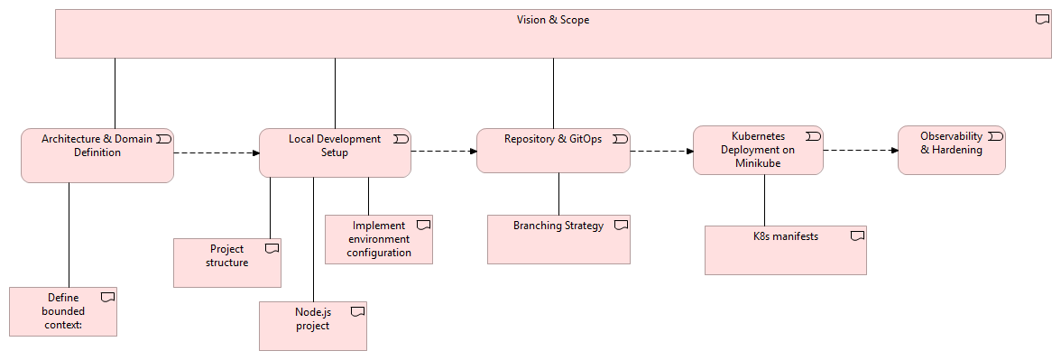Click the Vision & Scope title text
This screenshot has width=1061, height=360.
pyautogui.click(x=552, y=20)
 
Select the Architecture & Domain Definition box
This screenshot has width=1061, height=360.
pyautogui.click(x=97, y=155)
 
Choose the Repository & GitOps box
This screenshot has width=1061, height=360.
pyautogui.click(x=552, y=150)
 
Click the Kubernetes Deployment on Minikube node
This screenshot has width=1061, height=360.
pyautogui.click(x=757, y=150)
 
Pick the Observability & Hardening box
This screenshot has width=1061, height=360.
pyautogui.click(x=951, y=150)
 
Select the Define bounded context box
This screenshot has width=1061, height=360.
pyautogui.click(x=63, y=311)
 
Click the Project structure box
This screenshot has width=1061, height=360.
pyautogui.click(x=226, y=263)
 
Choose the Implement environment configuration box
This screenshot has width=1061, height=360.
pyautogui.click(x=378, y=239)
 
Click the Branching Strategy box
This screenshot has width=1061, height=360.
pyautogui.click(x=558, y=239)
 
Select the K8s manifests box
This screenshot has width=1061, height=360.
pyautogui.click(x=785, y=250)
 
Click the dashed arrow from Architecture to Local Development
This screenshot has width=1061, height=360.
pyautogui.click(x=216, y=152)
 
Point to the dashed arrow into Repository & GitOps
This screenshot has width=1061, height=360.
pyautogui.click(x=443, y=152)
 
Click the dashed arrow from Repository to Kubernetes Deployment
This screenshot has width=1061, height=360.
pyautogui.click(x=660, y=151)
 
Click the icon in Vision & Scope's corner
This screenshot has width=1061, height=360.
pyautogui.click(x=1042, y=20)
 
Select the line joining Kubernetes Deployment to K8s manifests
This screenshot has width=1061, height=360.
pyautogui.click(x=765, y=199)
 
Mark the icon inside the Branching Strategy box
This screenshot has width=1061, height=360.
pyautogui.click(x=621, y=226)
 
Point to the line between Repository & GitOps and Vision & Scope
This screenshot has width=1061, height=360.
pyautogui.click(x=552, y=93)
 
